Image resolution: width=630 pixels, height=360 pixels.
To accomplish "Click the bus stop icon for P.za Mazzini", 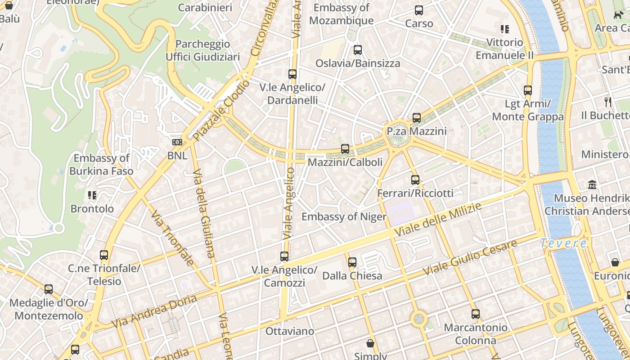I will tap(417, 118).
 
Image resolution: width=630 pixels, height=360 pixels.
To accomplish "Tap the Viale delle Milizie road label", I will tap(437, 220).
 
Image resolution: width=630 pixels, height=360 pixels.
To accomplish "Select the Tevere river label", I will tap(564, 243).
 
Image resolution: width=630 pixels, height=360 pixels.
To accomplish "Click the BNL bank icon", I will tap(177, 142).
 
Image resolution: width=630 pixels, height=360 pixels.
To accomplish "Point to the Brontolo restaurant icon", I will tap(92, 195).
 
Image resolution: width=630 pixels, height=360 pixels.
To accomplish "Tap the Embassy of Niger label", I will tap(344, 217).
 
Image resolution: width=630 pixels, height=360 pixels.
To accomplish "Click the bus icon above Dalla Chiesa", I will tap(352, 262).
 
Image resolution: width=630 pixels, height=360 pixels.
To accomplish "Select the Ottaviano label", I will tap(290, 331).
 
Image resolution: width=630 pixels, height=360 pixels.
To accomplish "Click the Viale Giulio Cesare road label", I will tap(470, 258).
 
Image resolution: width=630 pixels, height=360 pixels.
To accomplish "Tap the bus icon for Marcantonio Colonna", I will tap(476, 314).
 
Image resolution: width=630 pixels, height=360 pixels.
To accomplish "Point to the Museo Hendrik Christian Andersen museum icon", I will tap(592, 184).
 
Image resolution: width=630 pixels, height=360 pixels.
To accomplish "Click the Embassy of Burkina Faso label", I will tap(101, 165).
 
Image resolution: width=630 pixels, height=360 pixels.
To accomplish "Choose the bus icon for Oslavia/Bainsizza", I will tap(358, 50).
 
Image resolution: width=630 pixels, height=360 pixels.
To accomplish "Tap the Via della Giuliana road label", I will tap(204, 213).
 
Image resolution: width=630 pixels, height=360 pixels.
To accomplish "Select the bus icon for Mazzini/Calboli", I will tap(345, 148).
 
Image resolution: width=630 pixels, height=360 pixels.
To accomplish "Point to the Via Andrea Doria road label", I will tap(154, 311).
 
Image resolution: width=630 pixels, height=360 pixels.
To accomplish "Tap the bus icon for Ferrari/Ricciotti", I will tap(415, 180).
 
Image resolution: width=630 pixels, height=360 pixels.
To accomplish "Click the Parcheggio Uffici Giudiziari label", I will tap(202, 50).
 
